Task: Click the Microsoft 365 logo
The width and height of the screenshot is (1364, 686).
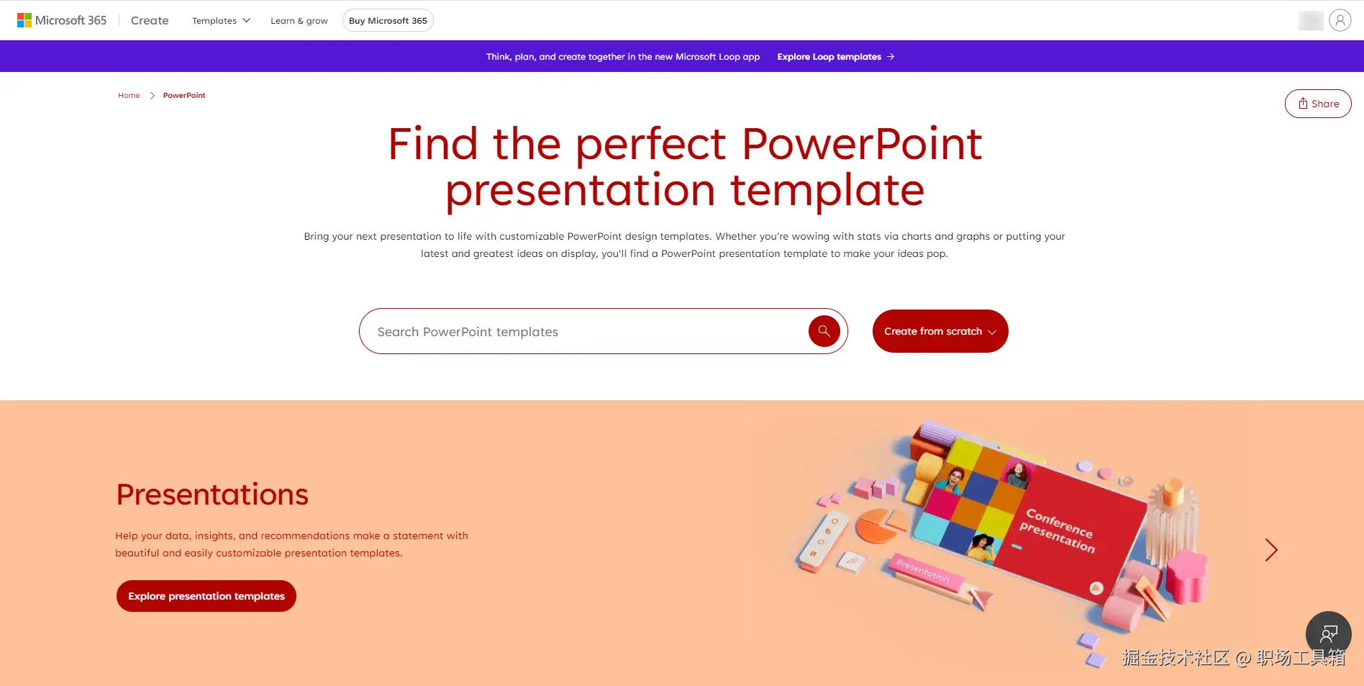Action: (x=62, y=20)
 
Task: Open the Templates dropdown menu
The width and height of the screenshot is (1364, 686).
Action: (x=221, y=20)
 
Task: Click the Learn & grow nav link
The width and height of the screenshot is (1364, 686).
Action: (x=299, y=20)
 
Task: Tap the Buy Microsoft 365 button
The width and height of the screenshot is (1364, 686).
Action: (x=388, y=20)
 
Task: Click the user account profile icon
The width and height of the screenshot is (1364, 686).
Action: (x=1340, y=20)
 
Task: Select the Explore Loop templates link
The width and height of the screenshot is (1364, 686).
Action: (x=835, y=56)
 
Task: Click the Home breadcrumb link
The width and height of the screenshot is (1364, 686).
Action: (x=129, y=95)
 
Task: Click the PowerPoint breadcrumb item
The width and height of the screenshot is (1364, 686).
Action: (x=184, y=95)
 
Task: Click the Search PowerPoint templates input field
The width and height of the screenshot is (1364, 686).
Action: (x=583, y=331)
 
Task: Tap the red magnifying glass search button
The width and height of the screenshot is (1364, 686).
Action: (x=824, y=331)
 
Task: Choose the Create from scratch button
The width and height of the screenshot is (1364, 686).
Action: (x=940, y=331)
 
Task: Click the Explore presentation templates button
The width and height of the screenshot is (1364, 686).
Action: (x=206, y=596)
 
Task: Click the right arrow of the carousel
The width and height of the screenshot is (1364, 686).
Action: (x=1271, y=550)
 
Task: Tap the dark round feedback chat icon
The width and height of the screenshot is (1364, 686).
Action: (x=1329, y=634)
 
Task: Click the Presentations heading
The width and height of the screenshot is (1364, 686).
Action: (x=212, y=495)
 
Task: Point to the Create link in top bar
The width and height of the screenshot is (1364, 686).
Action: (x=150, y=20)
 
